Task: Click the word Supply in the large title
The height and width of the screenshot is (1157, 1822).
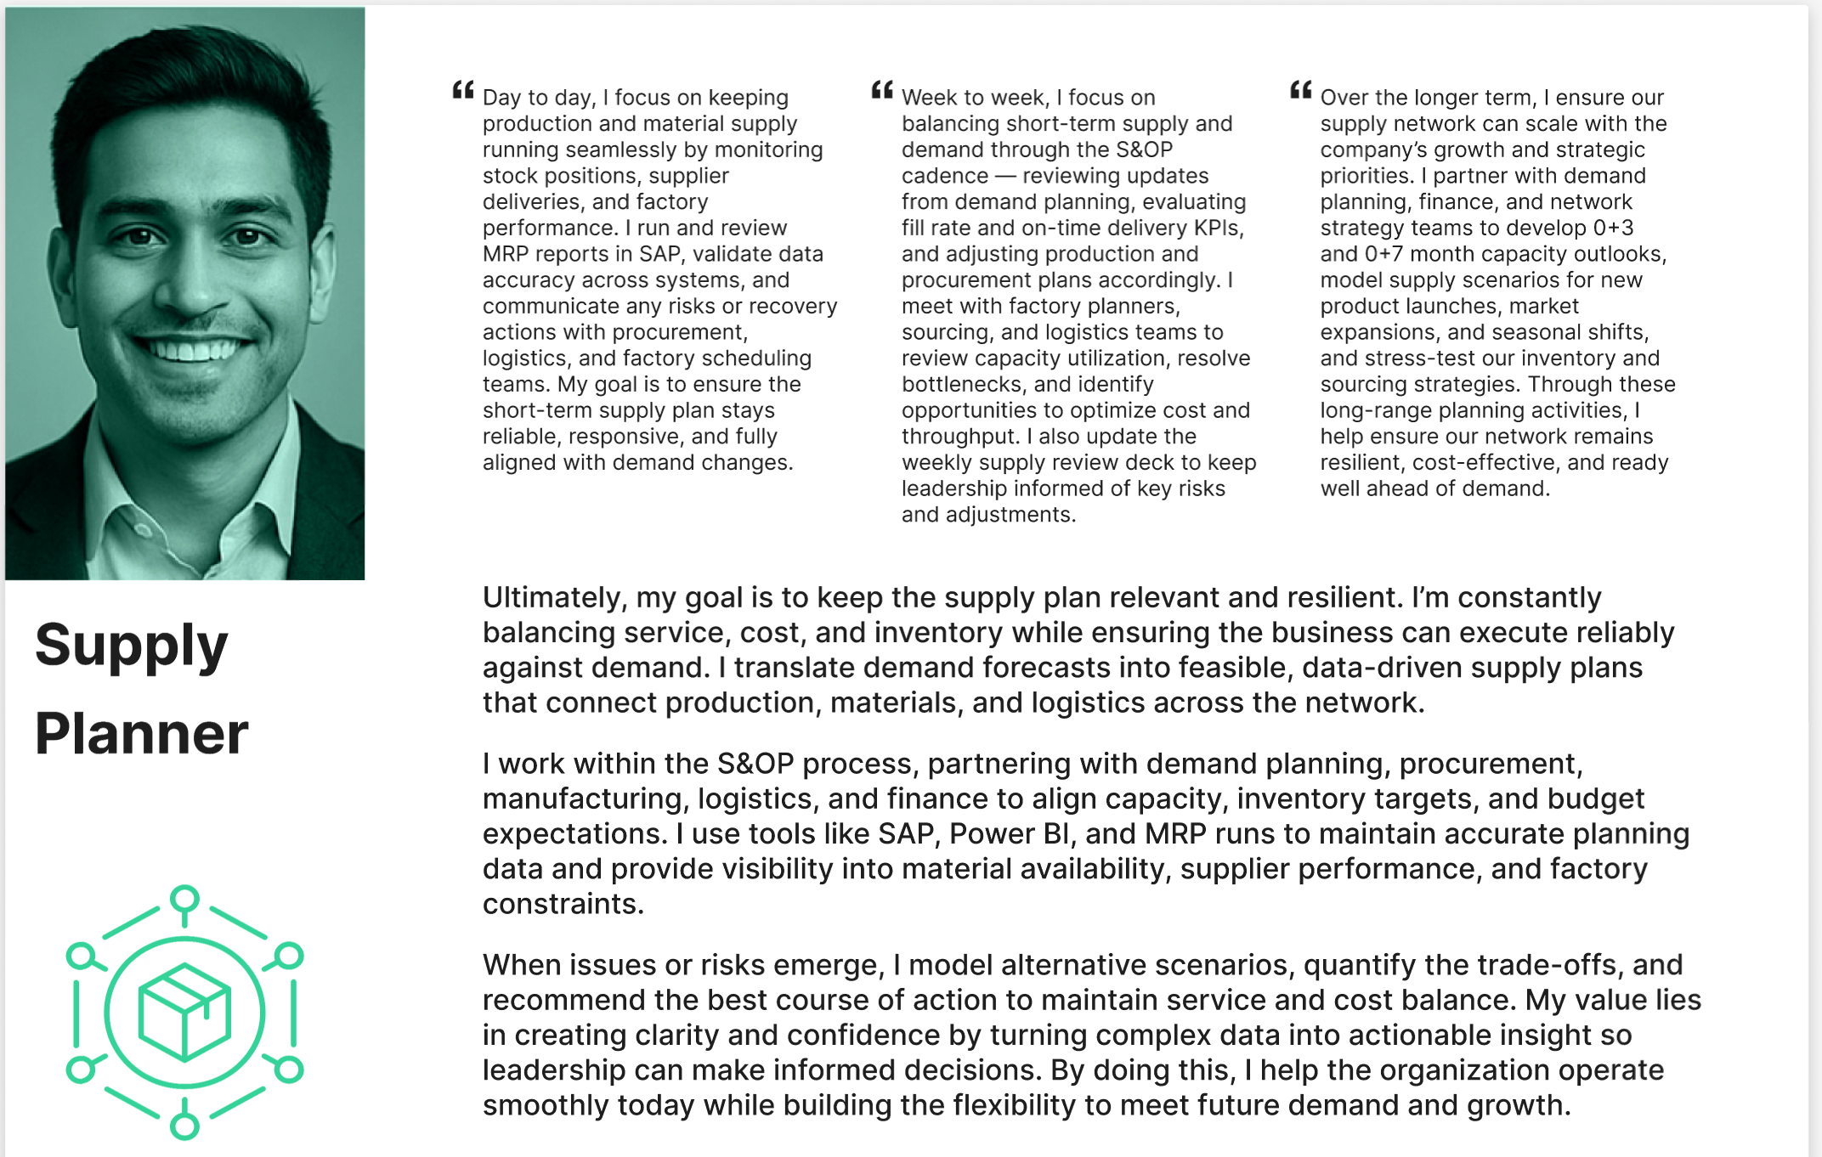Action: (132, 646)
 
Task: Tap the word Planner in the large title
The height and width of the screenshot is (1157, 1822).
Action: (142, 734)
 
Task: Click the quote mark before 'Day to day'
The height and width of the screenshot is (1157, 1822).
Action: (463, 90)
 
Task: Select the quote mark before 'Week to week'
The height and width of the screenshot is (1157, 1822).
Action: (882, 90)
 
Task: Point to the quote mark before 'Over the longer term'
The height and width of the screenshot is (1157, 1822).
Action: (1301, 90)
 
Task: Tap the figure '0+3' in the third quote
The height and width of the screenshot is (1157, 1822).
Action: (1613, 228)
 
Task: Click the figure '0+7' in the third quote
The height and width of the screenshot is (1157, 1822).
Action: (1384, 254)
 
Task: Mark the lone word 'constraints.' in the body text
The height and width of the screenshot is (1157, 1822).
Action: (563, 904)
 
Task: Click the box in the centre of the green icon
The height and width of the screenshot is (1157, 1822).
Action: (184, 1013)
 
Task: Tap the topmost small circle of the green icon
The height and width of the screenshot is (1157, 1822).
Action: (184, 898)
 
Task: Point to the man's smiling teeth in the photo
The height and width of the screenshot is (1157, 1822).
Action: (194, 349)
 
